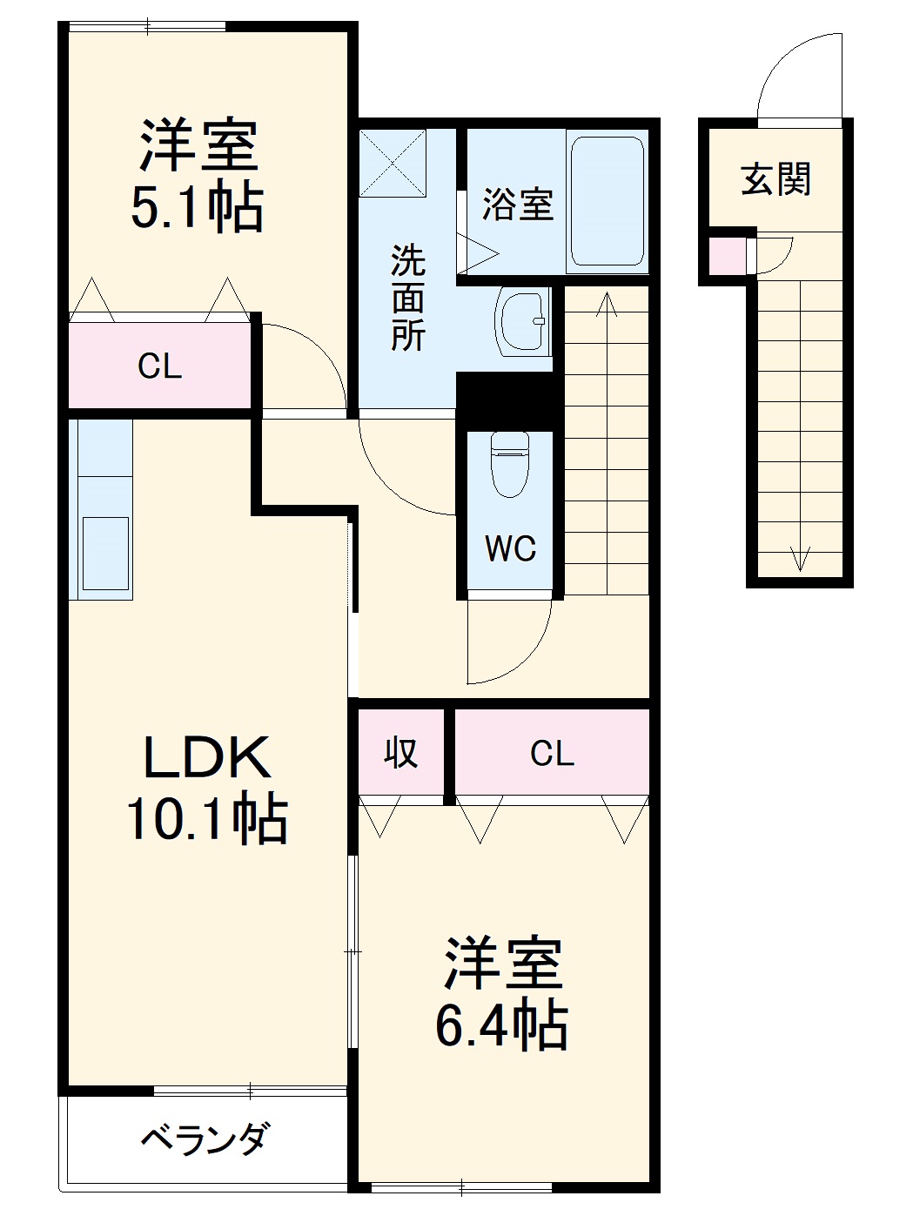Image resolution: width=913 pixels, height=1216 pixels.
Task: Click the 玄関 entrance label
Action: [x=775, y=179]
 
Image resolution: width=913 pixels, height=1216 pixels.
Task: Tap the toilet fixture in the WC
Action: [x=510, y=464]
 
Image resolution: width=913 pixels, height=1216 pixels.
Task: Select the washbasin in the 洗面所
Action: [x=522, y=320]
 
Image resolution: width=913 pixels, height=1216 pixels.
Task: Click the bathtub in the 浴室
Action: [x=608, y=202]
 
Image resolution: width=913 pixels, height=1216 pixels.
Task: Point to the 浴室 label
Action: [x=518, y=204]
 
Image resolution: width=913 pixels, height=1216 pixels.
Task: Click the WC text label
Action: [x=511, y=548]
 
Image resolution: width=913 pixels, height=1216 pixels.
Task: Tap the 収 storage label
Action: [x=400, y=753]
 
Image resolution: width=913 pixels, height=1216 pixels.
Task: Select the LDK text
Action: [x=207, y=758]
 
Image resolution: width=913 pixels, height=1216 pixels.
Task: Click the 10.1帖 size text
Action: [x=207, y=821]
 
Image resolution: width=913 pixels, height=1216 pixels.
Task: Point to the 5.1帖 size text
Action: [x=197, y=205]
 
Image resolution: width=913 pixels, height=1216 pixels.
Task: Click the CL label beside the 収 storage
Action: [x=552, y=754]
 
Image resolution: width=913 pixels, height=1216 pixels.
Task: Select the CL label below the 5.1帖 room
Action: [x=159, y=366]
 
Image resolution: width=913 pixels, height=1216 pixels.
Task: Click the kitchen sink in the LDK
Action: [x=105, y=554]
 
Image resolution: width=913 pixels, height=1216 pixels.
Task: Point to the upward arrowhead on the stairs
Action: [x=608, y=304]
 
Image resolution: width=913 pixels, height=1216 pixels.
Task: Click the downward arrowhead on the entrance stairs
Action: [x=800, y=559]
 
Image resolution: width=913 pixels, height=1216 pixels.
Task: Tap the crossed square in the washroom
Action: [x=393, y=163]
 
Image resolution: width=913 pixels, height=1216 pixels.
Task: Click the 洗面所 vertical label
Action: [x=408, y=298]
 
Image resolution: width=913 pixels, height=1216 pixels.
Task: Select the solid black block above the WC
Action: [x=505, y=400]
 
